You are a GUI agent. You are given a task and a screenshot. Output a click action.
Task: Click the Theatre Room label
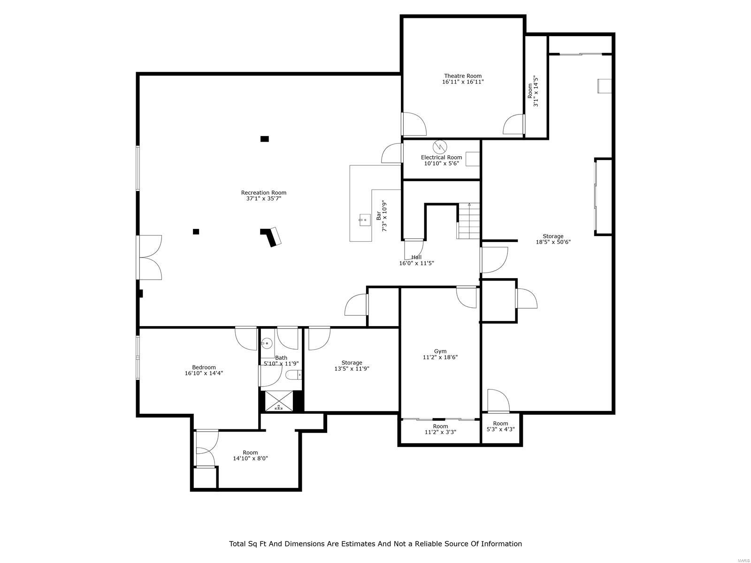(463, 76)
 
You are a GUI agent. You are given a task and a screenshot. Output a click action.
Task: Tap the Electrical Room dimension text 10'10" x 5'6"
(441, 164)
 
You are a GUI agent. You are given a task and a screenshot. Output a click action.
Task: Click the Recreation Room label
(263, 192)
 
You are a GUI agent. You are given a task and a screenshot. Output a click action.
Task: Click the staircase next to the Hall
(469, 221)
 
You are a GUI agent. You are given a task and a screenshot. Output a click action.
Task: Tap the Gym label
(440, 351)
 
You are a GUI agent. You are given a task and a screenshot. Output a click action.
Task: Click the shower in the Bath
(279, 401)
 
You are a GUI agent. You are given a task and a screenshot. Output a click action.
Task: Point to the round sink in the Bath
(267, 343)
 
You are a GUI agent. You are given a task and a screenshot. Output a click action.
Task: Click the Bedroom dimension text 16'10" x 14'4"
(204, 373)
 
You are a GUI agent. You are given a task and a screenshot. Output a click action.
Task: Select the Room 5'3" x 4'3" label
(500, 423)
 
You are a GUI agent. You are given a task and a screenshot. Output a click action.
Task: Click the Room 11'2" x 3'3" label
(440, 426)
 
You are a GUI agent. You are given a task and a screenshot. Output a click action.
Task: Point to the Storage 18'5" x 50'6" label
(553, 236)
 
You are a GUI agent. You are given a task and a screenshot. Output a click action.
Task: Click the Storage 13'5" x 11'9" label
(352, 363)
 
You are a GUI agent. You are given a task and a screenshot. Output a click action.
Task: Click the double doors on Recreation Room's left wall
(149, 258)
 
